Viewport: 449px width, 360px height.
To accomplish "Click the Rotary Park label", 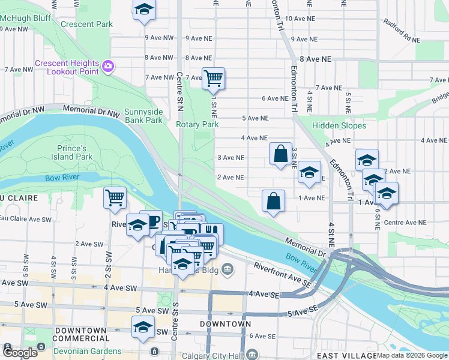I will [x=197, y=124].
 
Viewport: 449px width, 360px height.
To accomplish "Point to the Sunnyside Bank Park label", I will [x=143, y=116].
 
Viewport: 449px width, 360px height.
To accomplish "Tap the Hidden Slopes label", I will [x=339, y=126].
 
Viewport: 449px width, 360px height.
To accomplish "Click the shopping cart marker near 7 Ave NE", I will [x=213, y=78].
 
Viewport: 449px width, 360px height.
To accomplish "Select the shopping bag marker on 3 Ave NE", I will [x=280, y=154].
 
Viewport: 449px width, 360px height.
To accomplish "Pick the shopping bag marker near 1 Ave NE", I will [x=273, y=201].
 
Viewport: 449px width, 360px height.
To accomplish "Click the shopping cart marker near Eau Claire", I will [x=114, y=198].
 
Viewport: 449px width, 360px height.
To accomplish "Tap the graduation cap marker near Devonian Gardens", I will [x=143, y=328].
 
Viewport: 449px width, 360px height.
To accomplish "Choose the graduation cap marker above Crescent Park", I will [x=143, y=10].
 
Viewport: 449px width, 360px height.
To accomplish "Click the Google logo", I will [x=20, y=352].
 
